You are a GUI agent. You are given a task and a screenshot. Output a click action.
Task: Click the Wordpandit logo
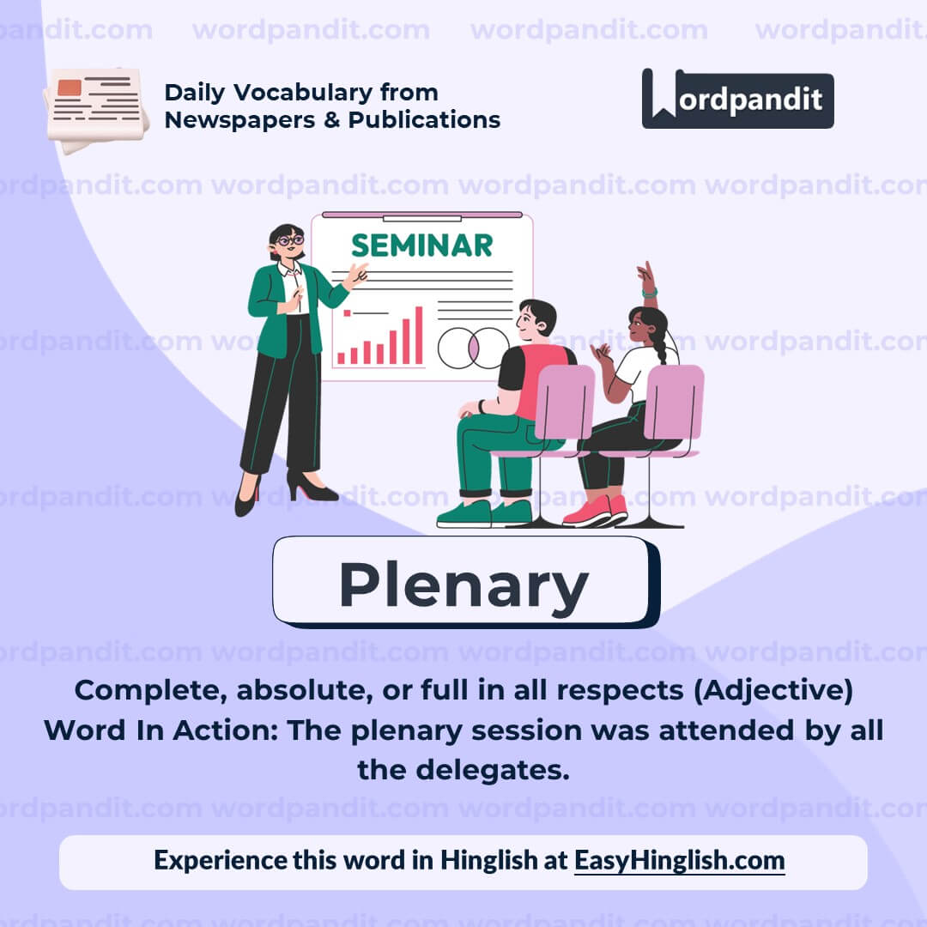[737, 99]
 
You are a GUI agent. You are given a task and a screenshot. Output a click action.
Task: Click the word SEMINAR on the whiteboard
[422, 245]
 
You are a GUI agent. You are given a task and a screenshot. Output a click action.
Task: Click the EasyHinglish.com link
[679, 860]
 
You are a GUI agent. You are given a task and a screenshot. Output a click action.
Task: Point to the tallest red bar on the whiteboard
[419, 336]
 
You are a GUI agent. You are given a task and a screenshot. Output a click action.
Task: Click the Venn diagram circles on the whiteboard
[471, 348]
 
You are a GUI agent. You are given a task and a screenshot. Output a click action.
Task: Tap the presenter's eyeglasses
[289, 241]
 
